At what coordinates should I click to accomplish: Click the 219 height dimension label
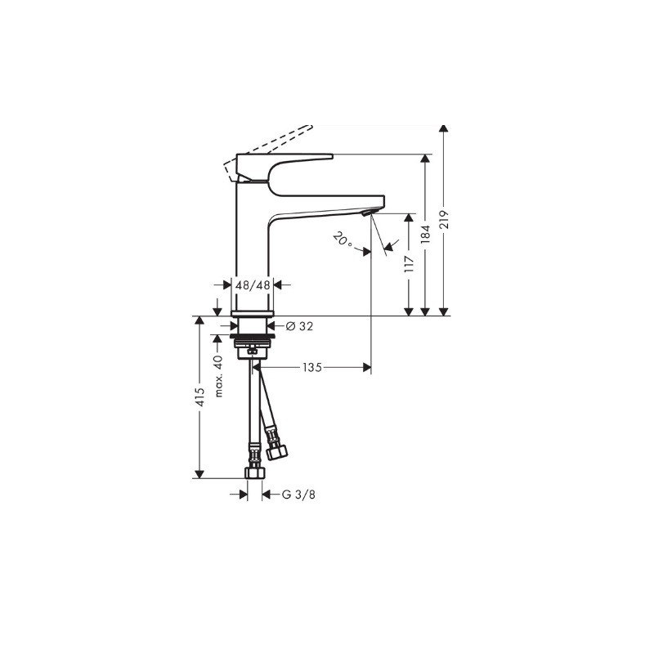tap(444, 218)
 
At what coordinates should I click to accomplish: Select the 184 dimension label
tap(425, 235)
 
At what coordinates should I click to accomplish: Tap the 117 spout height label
tap(410, 263)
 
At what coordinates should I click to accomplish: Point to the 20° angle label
tap(343, 240)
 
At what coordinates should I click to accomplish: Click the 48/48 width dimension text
tap(253, 285)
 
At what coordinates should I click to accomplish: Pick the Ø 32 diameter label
tap(299, 326)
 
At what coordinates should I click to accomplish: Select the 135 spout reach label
tap(312, 367)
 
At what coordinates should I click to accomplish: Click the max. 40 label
tap(219, 376)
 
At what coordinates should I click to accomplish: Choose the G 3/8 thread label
tap(298, 495)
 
